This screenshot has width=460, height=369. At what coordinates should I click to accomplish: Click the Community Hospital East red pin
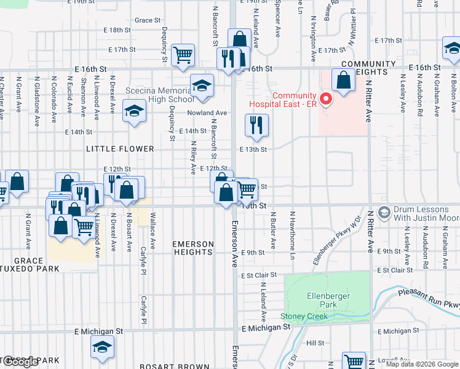pos(325,98)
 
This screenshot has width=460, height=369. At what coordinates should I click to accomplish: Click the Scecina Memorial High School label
pos(159,95)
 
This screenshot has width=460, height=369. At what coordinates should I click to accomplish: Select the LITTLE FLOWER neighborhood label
pos(120,149)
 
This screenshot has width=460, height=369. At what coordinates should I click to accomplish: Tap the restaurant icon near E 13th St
pos(256,125)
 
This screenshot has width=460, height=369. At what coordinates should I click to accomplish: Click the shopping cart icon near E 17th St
pos(183,55)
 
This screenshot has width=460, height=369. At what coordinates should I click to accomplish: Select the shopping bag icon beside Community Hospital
pos(343,79)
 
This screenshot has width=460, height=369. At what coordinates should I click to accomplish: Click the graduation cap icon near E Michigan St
pos(103,347)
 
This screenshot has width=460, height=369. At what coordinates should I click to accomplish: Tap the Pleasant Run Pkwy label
pos(430,301)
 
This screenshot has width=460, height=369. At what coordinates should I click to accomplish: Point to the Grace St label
pos(148,20)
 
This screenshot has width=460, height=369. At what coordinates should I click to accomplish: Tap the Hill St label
pos(315,343)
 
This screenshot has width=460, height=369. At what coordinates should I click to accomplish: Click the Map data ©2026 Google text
pos(421,364)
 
